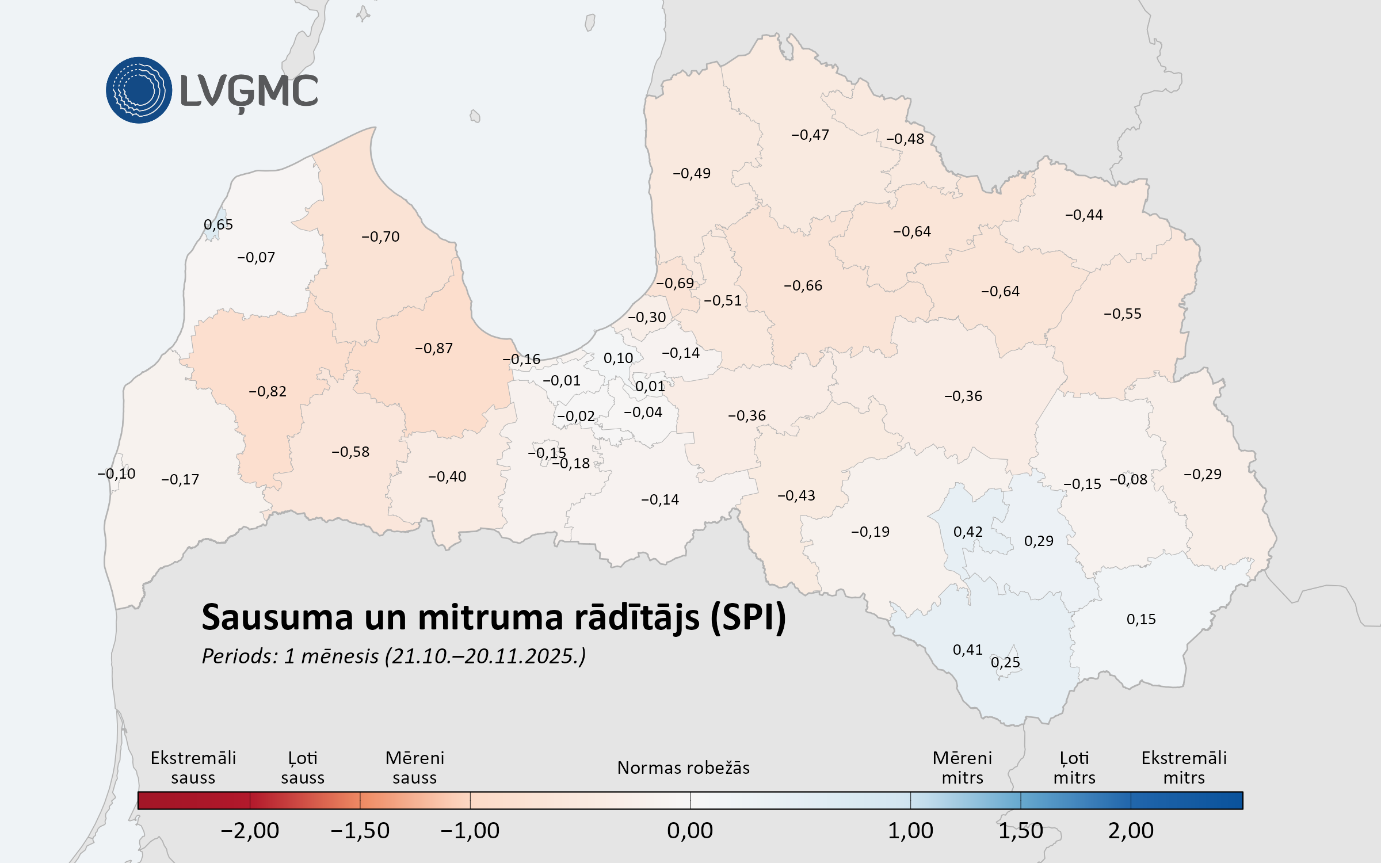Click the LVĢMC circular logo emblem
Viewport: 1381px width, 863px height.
coord(139,90)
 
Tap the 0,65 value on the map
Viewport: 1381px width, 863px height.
coord(218,224)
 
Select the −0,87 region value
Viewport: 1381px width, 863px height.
coord(434,348)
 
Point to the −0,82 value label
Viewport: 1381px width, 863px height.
coord(268,391)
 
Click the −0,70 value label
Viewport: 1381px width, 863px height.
coord(380,236)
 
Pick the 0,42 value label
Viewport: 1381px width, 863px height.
coord(968,532)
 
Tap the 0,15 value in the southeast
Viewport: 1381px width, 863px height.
coord(1141,619)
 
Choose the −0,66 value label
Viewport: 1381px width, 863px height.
coord(803,285)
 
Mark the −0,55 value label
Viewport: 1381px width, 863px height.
coord(1123,314)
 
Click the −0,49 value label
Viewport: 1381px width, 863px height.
coord(692,173)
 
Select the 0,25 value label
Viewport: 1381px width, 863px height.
coord(1005,662)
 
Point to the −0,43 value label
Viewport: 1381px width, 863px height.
coord(796,495)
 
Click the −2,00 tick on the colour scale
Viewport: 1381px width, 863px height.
coord(250,830)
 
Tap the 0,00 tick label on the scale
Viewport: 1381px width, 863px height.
coord(690,830)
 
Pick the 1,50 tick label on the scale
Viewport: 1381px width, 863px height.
coord(1020,830)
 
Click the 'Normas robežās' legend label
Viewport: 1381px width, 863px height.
coord(684,767)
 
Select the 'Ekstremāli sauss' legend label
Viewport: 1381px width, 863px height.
coord(193,767)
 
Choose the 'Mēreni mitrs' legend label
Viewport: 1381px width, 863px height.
coord(962,767)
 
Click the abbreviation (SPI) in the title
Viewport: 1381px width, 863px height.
coord(748,617)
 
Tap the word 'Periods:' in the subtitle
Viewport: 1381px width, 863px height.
coord(240,656)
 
